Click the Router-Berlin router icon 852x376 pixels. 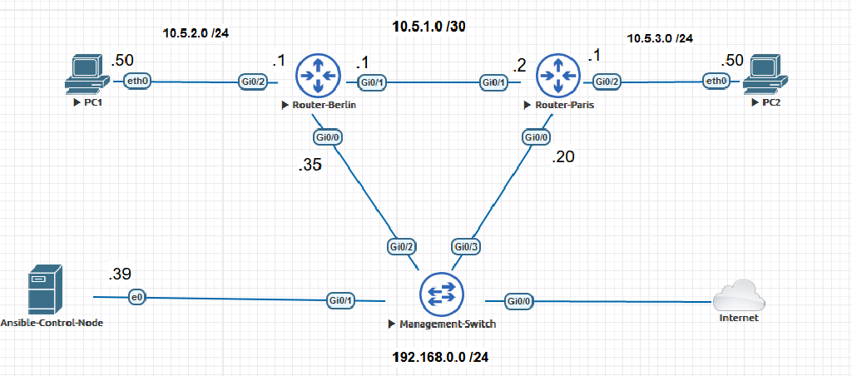(317, 75)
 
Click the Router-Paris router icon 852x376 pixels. (557, 75)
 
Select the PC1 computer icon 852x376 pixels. (87, 74)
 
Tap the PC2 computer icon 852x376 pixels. (764, 74)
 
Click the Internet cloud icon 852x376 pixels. (740, 295)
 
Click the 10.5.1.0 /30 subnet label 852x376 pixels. (429, 27)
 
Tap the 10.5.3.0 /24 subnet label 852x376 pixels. (660, 38)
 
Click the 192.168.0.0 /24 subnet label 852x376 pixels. (440, 356)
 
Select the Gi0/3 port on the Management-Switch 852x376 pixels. (466, 246)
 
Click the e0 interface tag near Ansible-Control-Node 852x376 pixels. (136, 297)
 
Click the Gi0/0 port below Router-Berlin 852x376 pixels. (327, 137)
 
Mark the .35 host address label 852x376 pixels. (310, 166)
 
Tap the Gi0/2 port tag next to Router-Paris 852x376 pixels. (607, 82)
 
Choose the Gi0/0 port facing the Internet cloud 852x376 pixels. (518, 300)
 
